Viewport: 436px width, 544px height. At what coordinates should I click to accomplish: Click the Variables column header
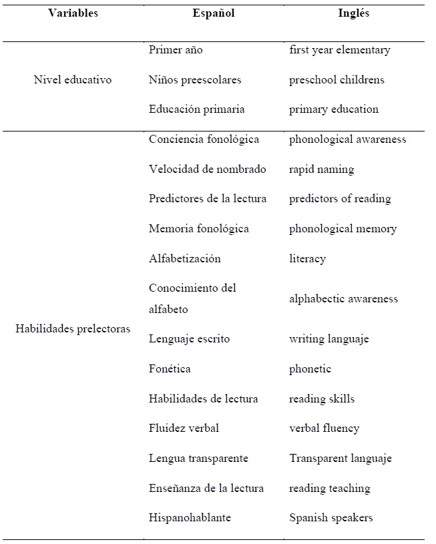click(x=73, y=13)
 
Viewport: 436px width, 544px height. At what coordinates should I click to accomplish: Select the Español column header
click(x=214, y=13)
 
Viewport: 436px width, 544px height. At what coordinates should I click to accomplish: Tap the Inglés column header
click(x=354, y=13)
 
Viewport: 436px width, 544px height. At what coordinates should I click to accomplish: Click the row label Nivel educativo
click(x=73, y=79)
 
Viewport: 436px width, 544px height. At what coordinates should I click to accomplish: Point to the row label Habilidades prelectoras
click(x=73, y=329)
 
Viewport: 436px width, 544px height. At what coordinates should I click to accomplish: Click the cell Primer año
click(x=176, y=50)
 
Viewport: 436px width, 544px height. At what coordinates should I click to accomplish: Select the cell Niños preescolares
click(x=195, y=79)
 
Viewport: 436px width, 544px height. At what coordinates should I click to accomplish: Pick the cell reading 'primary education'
click(x=334, y=109)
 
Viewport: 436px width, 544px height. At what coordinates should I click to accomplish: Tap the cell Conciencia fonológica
click(x=204, y=140)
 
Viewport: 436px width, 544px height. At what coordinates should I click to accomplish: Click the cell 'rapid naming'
click(x=322, y=170)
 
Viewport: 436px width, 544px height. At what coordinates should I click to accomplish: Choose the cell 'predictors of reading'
click(x=340, y=199)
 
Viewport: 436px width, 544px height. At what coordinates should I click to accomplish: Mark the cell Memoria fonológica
click(x=199, y=229)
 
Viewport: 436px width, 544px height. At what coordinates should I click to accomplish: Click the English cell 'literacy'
click(x=308, y=258)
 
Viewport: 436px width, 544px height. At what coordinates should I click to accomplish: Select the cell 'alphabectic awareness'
click(x=343, y=298)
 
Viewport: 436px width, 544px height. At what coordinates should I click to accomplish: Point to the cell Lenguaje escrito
click(x=189, y=339)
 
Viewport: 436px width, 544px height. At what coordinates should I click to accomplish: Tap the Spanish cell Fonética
click(x=170, y=368)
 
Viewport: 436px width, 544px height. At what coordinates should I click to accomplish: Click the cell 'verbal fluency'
click(x=324, y=429)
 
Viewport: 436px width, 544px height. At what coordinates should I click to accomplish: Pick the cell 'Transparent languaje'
click(x=341, y=459)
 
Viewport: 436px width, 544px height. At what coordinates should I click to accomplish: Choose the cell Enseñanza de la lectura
click(x=206, y=488)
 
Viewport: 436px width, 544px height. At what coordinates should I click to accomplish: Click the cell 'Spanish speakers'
click(x=331, y=518)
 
